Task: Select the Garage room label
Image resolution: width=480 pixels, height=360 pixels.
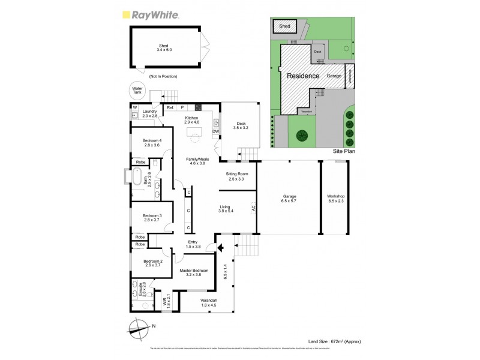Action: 289,199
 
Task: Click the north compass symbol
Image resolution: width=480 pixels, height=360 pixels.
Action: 138,328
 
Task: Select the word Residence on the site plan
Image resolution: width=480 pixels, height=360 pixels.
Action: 302,76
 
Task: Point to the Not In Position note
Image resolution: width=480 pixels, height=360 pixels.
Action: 163,76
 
